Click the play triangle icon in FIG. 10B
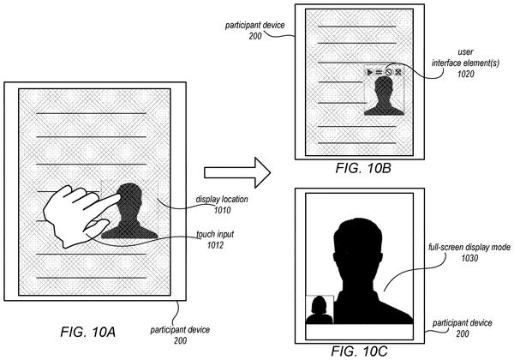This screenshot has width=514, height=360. pyautogui.click(x=370, y=72)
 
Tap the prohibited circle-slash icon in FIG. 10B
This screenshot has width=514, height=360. pyautogui.click(x=388, y=72)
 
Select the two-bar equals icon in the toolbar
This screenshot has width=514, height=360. pyautogui.click(x=379, y=72)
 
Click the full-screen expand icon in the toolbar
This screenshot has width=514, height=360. pyautogui.click(x=398, y=72)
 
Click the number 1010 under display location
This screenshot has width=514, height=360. pyautogui.click(x=223, y=210)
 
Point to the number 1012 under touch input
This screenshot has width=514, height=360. pyautogui.click(x=215, y=245)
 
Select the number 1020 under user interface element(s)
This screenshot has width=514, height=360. pyautogui.click(x=465, y=74)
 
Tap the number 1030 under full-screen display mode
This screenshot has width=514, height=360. pyautogui.click(x=469, y=258)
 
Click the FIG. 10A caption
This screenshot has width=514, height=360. pyautogui.click(x=88, y=332)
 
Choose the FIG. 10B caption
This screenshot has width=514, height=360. pyautogui.click(x=363, y=168)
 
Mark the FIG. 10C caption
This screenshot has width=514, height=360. pyautogui.click(x=359, y=351)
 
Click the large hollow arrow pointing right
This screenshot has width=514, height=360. pyautogui.click(x=237, y=172)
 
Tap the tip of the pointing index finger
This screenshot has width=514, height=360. pyautogui.click(x=118, y=196)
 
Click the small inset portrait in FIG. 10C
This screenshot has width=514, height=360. pyautogui.click(x=320, y=309)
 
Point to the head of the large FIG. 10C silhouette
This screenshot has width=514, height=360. pyautogui.click(x=357, y=242)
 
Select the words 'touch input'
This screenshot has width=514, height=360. pyautogui.click(x=215, y=234)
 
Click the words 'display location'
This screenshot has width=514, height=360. pyautogui.click(x=222, y=200)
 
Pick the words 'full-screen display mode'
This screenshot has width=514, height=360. pyautogui.click(x=469, y=247)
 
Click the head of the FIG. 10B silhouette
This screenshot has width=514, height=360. pyautogui.click(x=384, y=87)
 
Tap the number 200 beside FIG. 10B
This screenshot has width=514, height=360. pyautogui.click(x=255, y=36)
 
